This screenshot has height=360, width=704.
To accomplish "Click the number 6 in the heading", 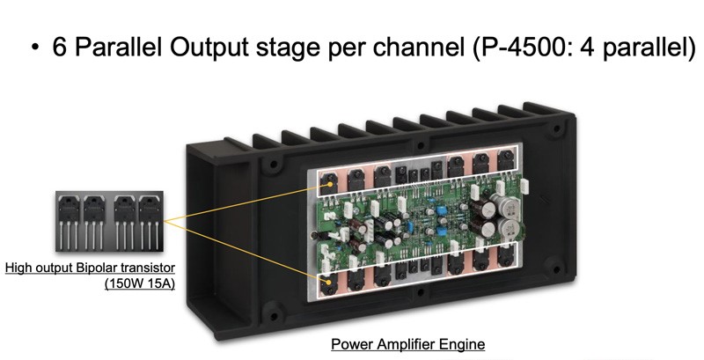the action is click(60, 47).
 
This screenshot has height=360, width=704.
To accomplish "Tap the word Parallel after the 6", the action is click(118, 47).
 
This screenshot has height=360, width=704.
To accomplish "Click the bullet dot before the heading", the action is click(35, 48).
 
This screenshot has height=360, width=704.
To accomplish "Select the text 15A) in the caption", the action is click(160, 283).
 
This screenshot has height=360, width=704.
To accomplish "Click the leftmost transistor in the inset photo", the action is click(70, 221).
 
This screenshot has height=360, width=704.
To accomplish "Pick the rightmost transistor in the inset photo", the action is click(149, 221).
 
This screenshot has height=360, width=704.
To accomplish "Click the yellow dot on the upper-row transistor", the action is click(331, 184).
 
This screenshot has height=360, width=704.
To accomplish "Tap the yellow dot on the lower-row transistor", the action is click(331, 282).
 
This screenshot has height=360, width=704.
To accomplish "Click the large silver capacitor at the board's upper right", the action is click(510, 205).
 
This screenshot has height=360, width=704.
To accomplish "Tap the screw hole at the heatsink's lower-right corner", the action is click(556, 269).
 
